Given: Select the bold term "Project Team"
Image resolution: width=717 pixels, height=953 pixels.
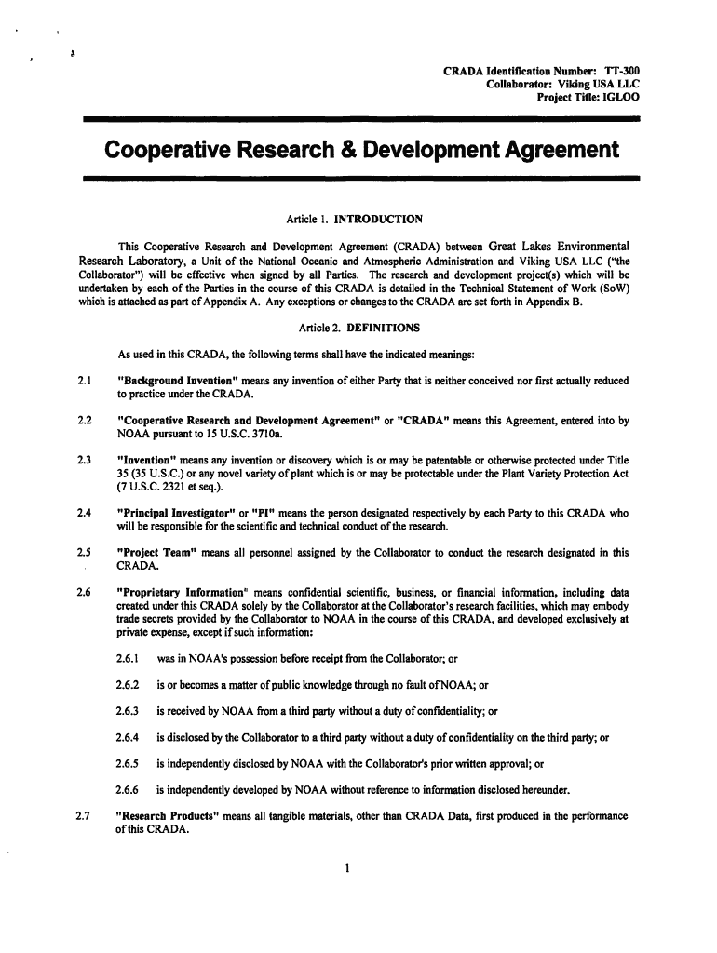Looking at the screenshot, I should pos(151,552).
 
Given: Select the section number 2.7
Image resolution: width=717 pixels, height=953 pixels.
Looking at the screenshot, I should pos(82,817).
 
